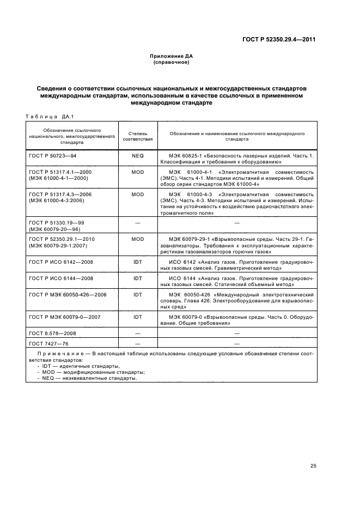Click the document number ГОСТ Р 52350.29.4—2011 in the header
279,39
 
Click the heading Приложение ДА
172,57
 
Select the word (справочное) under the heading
172,63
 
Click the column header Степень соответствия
137,136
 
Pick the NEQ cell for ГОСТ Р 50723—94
137,155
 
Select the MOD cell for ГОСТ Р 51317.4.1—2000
137,172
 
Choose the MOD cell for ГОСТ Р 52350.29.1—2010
137,239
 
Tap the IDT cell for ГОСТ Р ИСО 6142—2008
137,262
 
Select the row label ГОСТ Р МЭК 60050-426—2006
67,294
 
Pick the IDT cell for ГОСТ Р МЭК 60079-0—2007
137,317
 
